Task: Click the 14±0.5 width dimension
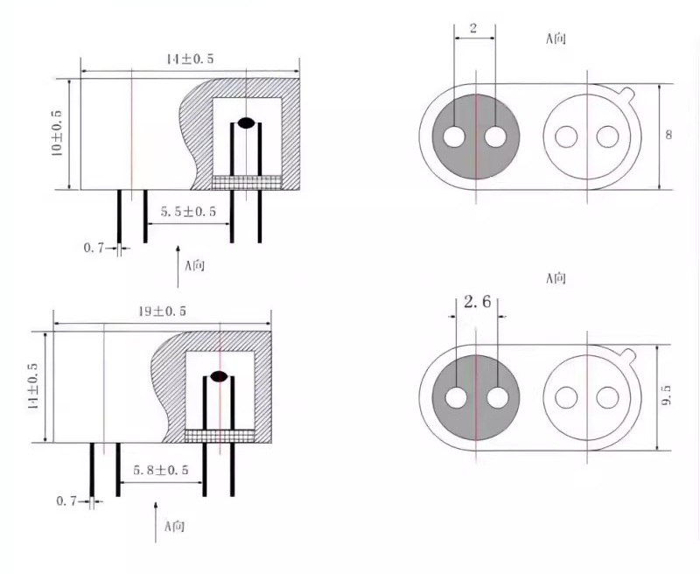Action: point(190,59)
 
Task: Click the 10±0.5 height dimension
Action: point(58,133)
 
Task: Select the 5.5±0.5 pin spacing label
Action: point(188,212)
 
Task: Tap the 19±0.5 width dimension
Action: point(162,311)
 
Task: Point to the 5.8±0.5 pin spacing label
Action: point(161,470)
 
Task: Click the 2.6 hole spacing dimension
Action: point(477,302)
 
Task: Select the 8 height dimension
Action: point(668,135)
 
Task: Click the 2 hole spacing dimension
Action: point(473,29)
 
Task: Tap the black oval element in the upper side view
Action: point(246,122)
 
